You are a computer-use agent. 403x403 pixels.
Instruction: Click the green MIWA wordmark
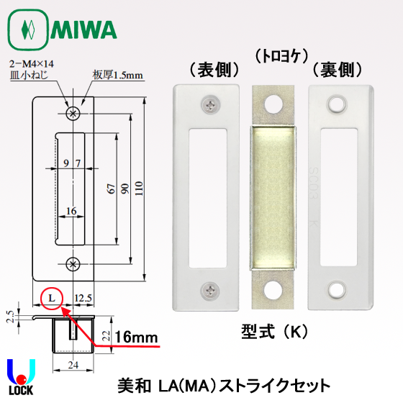83,30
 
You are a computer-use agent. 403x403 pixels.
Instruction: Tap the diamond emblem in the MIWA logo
28,30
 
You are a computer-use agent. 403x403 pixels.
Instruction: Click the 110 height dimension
139,189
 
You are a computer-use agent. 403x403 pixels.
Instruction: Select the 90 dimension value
125,189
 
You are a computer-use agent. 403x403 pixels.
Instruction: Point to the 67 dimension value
111,189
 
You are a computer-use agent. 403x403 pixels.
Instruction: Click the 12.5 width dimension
83,298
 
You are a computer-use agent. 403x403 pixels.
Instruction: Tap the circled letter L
52,298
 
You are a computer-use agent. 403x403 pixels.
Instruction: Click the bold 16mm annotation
136,337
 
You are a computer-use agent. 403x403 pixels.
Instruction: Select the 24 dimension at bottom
73,365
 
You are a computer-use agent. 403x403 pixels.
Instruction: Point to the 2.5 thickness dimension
10,317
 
